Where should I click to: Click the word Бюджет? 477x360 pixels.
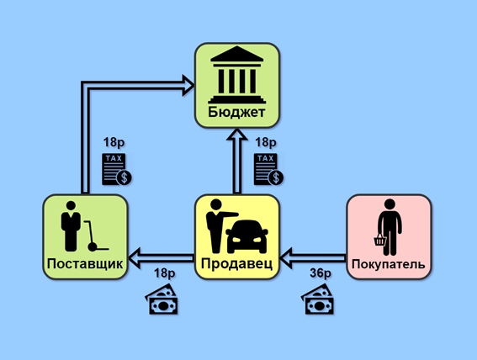[236, 112]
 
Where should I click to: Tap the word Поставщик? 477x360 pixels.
[85, 263]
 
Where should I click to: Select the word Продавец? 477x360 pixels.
[236, 263]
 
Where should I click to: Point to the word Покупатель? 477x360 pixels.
[389, 264]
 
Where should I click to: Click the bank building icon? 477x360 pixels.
[236, 75]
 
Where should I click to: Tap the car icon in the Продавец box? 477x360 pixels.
[246, 236]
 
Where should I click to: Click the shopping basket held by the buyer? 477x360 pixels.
[380, 240]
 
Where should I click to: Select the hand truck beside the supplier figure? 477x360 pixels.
[95, 236]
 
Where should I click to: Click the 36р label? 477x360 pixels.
[321, 273]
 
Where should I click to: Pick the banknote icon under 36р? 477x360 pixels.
[318, 299]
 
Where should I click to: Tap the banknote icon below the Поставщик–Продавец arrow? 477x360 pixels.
[162, 299]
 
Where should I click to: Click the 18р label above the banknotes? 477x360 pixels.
[165, 273]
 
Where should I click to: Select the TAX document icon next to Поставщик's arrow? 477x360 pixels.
[116, 169]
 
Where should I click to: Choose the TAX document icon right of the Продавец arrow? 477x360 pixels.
[268, 169]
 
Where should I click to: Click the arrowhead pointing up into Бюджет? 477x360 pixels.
[237, 135]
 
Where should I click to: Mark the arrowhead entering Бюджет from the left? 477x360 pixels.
[188, 86]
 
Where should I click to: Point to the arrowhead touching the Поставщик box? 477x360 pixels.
[135, 258]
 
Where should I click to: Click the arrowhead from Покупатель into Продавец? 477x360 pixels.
[286, 258]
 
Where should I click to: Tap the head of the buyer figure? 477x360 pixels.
[390, 204]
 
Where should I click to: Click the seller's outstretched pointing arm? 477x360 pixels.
[228, 214]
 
